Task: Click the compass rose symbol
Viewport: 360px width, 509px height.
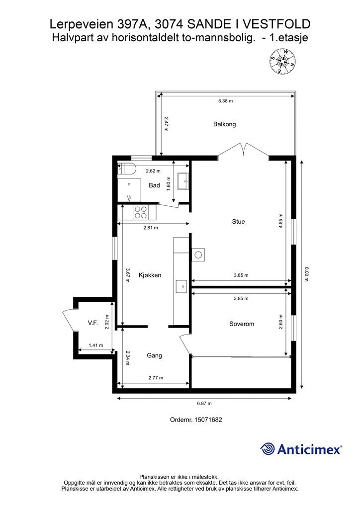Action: point(282,61)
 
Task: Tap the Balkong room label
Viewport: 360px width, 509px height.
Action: point(224,124)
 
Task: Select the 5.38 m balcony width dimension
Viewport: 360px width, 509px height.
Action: point(225,100)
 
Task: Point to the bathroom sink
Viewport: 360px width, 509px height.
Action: point(183,181)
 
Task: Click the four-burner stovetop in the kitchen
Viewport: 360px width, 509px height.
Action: point(141,212)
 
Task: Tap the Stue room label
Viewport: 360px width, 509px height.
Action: point(238,222)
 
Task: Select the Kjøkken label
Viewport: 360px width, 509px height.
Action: point(150,275)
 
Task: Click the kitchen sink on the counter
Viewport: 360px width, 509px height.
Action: point(181,286)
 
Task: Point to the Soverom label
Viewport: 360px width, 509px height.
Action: point(242,324)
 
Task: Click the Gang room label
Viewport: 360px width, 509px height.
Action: point(154,355)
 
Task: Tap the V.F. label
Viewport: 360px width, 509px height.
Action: point(93,323)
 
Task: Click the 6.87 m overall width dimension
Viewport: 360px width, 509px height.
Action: point(204,403)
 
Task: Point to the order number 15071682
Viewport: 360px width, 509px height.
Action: point(208,420)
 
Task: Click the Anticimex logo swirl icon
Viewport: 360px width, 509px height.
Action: point(267,449)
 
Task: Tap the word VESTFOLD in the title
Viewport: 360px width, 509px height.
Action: point(276,24)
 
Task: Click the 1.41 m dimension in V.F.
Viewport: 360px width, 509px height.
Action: point(96,345)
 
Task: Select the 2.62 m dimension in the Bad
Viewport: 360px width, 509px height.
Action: point(153,171)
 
